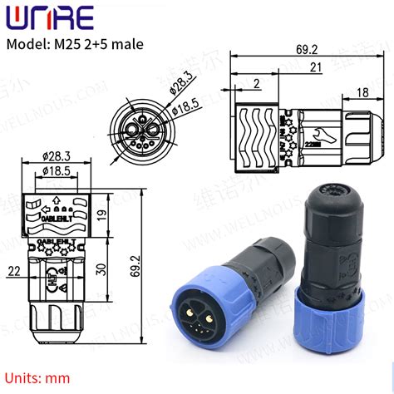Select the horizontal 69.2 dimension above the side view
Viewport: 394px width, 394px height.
point(306,50)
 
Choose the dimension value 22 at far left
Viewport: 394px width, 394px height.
point(13,271)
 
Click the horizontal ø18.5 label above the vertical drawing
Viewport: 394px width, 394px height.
point(57,170)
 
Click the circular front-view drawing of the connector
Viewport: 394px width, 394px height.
point(140,128)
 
